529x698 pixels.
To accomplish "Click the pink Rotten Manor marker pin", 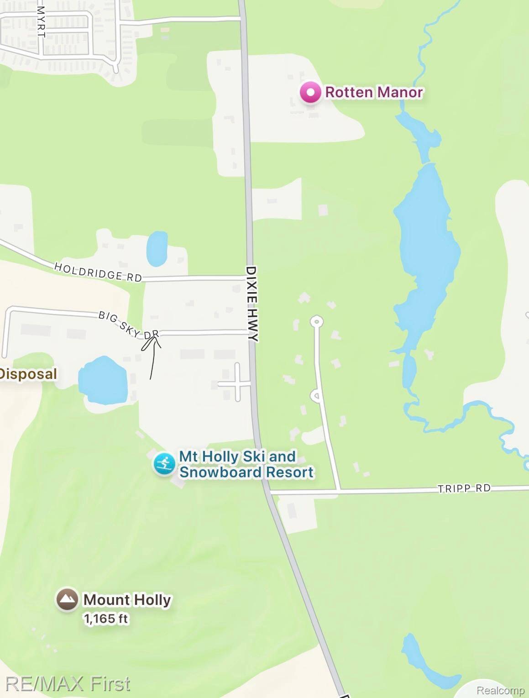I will (x=310, y=93).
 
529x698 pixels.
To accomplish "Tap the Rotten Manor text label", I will (x=373, y=92).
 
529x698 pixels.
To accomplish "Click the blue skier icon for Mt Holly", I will (x=164, y=464).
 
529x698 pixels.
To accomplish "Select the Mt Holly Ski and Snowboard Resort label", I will (x=246, y=464).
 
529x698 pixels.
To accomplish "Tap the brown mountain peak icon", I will (x=67, y=599).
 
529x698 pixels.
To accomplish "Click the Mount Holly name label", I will (x=127, y=599).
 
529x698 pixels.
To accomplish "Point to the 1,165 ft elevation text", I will (x=106, y=619).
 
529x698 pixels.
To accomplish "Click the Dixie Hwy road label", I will (x=252, y=304).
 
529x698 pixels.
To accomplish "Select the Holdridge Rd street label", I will (x=98, y=272).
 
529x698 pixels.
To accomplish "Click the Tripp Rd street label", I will (x=464, y=488).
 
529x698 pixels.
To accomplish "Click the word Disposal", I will (x=28, y=374).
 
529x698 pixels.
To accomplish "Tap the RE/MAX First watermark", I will (x=68, y=683).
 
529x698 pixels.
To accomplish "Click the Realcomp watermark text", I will (x=500, y=690).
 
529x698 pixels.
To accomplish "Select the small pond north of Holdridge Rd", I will (x=157, y=249).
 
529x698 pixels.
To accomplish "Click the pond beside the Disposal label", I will (x=102, y=380).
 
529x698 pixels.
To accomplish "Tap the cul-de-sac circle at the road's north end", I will (x=316, y=321).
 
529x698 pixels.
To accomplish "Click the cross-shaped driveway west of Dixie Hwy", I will (x=237, y=383).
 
